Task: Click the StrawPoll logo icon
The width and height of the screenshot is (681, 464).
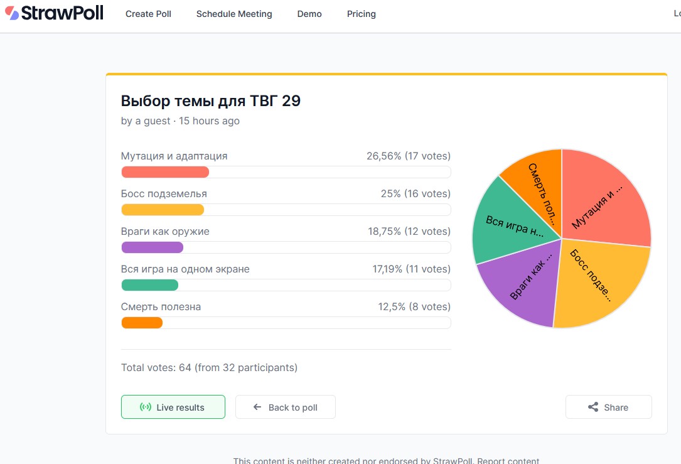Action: [x=12, y=13]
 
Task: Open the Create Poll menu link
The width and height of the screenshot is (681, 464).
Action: [x=148, y=14]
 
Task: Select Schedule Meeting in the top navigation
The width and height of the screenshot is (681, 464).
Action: [x=234, y=14]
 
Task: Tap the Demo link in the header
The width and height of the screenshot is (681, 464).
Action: [x=309, y=14]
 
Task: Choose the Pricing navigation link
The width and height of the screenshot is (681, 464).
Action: [x=362, y=14]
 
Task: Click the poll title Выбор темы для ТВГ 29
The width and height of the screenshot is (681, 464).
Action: [x=211, y=100]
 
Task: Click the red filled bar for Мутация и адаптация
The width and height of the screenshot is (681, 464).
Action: [x=165, y=172]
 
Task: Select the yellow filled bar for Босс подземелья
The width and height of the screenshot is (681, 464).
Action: [x=163, y=210]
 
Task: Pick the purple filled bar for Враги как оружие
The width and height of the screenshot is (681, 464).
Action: [x=152, y=247]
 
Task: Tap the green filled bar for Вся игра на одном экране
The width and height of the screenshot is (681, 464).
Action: [x=149, y=285]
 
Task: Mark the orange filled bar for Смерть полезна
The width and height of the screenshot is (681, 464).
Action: [x=142, y=323]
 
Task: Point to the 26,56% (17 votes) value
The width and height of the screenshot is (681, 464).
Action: [x=409, y=156]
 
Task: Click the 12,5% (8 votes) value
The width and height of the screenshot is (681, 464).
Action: [x=414, y=307]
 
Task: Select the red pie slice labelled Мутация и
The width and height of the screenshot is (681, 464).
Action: [x=603, y=201]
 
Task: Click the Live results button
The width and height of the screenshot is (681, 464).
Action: [x=173, y=407]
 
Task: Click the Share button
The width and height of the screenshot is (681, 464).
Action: [x=608, y=407]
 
